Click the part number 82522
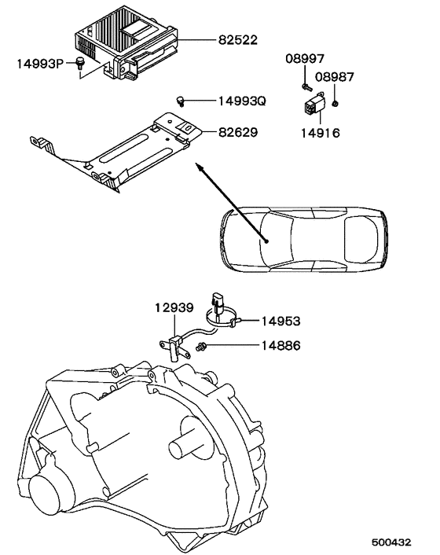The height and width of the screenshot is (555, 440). [238, 39]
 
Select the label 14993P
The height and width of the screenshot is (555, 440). [40, 64]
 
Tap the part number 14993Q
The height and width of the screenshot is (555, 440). [242, 101]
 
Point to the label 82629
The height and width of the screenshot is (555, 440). [238, 132]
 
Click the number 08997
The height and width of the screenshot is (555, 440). [305, 58]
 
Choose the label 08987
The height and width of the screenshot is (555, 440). [335, 77]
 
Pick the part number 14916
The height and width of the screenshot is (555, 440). [321, 133]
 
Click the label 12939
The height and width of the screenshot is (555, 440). [174, 307]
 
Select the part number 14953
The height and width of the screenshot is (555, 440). [280, 321]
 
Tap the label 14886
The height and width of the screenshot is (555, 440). [280, 345]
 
